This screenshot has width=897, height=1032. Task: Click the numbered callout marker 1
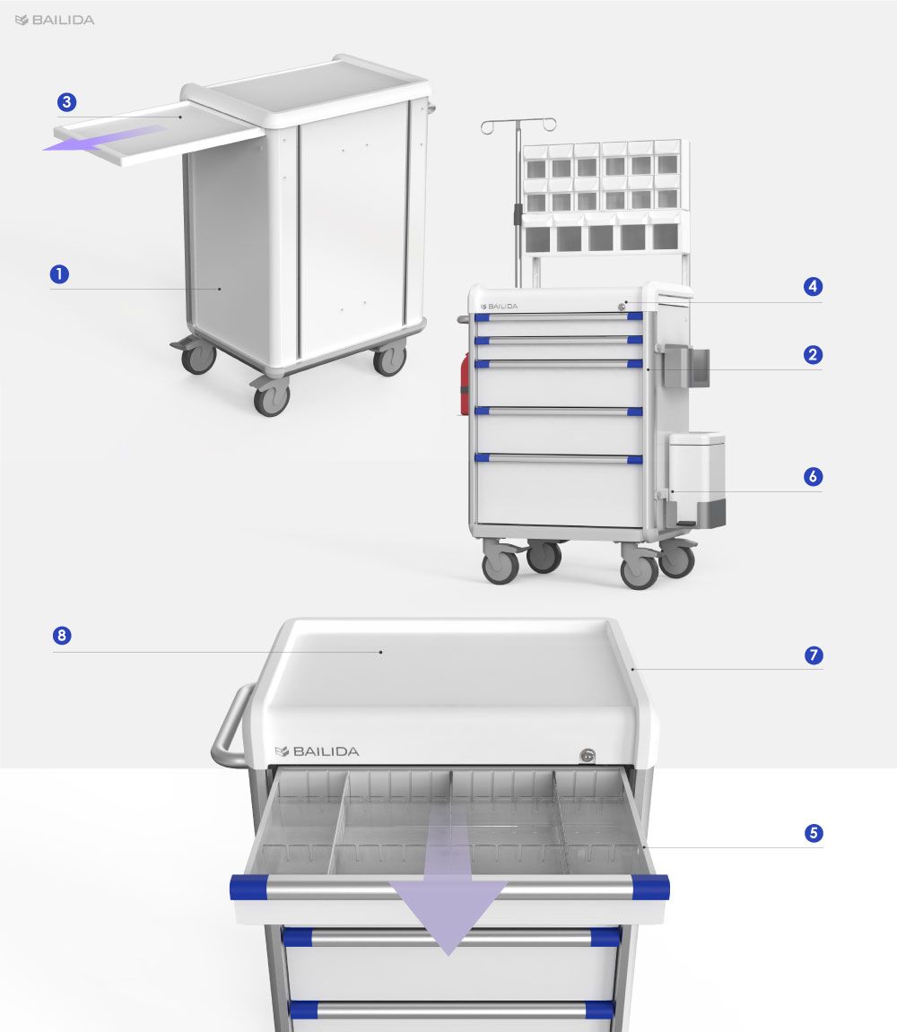[x=59, y=273]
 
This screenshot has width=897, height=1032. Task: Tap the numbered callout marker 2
[x=813, y=355]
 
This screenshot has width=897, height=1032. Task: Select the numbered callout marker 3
[x=66, y=102]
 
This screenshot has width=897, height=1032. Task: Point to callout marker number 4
[x=813, y=286]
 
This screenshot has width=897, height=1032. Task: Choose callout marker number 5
[x=814, y=833]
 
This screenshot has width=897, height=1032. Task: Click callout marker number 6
[x=813, y=476]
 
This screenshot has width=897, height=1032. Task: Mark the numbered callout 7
[x=814, y=655]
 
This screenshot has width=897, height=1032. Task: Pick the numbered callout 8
[x=62, y=635]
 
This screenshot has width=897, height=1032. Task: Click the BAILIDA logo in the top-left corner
[x=55, y=21]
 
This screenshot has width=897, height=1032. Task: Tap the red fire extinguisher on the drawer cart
[x=465, y=385]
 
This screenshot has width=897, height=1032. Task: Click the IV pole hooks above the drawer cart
[x=518, y=125]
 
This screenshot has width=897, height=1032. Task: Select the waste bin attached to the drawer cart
[x=697, y=480]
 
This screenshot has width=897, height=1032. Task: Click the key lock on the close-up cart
[x=587, y=756]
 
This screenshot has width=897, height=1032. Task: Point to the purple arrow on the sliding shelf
[x=105, y=138]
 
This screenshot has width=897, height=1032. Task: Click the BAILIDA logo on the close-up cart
[x=317, y=751]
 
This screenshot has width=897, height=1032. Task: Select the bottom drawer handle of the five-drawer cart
[x=559, y=458]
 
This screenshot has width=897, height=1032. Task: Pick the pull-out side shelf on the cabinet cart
[x=158, y=134]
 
